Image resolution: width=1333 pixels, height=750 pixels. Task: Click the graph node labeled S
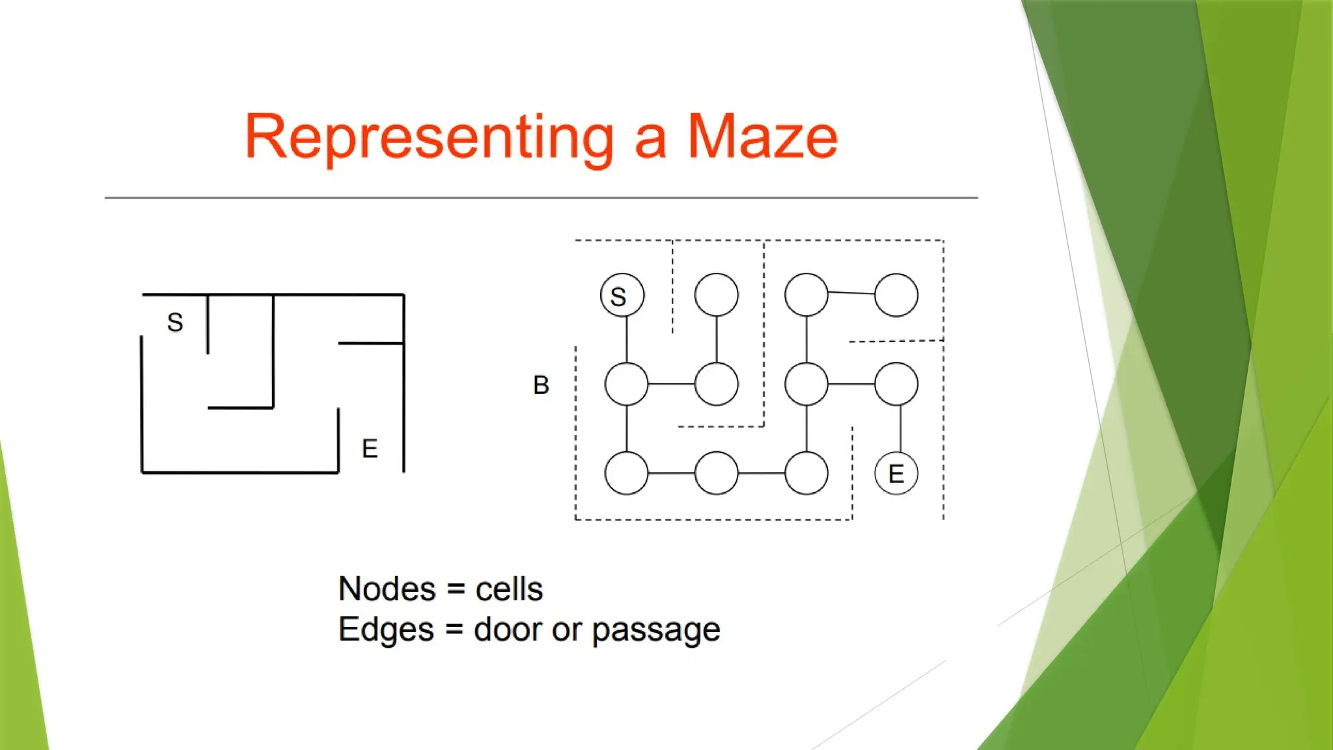pos(622,296)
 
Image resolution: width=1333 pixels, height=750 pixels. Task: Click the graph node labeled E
pos(896,473)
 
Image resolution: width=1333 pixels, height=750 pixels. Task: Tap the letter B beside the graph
pos(541,385)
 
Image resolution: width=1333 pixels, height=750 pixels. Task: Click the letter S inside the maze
pos(175,322)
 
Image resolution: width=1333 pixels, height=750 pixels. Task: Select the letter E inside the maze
pos(370,449)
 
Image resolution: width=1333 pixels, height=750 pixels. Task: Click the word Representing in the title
pos(429,137)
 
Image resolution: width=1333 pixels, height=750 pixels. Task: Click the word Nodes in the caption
pos(387,589)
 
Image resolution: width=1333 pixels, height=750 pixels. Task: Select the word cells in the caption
pos(509,589)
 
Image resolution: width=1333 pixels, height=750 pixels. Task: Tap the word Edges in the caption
pos(386,630)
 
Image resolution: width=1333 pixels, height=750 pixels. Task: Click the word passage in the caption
pos(656,630)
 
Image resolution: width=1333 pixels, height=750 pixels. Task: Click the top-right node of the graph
pos(896,296)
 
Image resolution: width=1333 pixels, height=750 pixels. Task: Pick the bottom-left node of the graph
pos(626,473)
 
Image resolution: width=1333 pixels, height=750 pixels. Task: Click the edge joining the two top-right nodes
pos(851,294)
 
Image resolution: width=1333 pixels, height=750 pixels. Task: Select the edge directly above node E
pos(900,428)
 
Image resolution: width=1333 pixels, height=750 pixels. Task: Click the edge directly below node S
pos(627,339)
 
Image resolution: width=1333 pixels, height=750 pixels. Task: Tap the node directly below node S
pos(626,384)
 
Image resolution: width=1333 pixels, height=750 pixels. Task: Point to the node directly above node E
pos(896,384)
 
